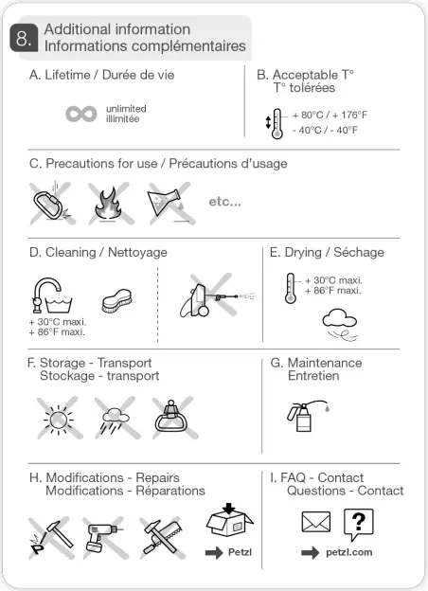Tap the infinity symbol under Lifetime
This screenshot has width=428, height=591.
tap(81, 115)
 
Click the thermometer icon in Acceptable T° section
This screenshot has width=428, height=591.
tap(276, 124)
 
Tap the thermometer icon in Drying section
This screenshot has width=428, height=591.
tap(293, 288)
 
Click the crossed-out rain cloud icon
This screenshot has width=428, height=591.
tap(114, 417)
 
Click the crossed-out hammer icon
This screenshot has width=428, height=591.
tap(52, 536)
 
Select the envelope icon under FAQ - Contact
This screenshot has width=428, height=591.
tap(315, 523)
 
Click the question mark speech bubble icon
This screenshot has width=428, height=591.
tap(357, 524)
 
